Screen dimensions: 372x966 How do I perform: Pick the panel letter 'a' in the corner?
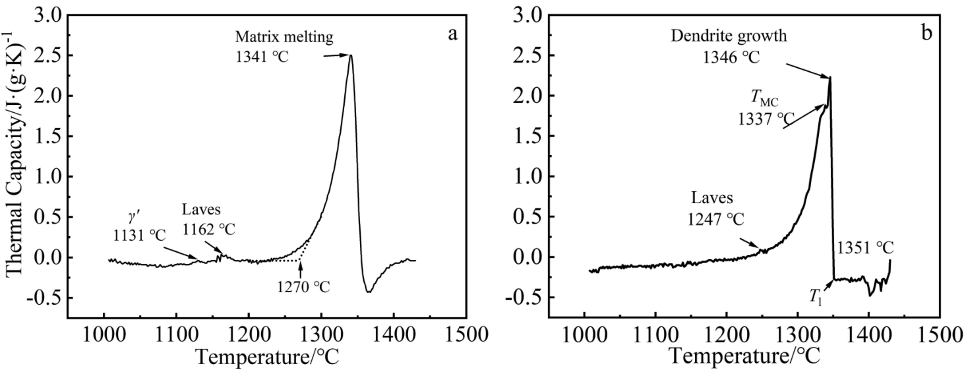pos(453,34)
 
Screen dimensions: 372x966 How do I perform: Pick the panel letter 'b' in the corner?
pos(928,33)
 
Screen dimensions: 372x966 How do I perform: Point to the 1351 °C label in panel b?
pos(865,249)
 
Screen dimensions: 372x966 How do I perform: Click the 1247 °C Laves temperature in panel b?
pos(715,218)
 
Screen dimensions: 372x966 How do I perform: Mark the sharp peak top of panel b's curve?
pos(830,77)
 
